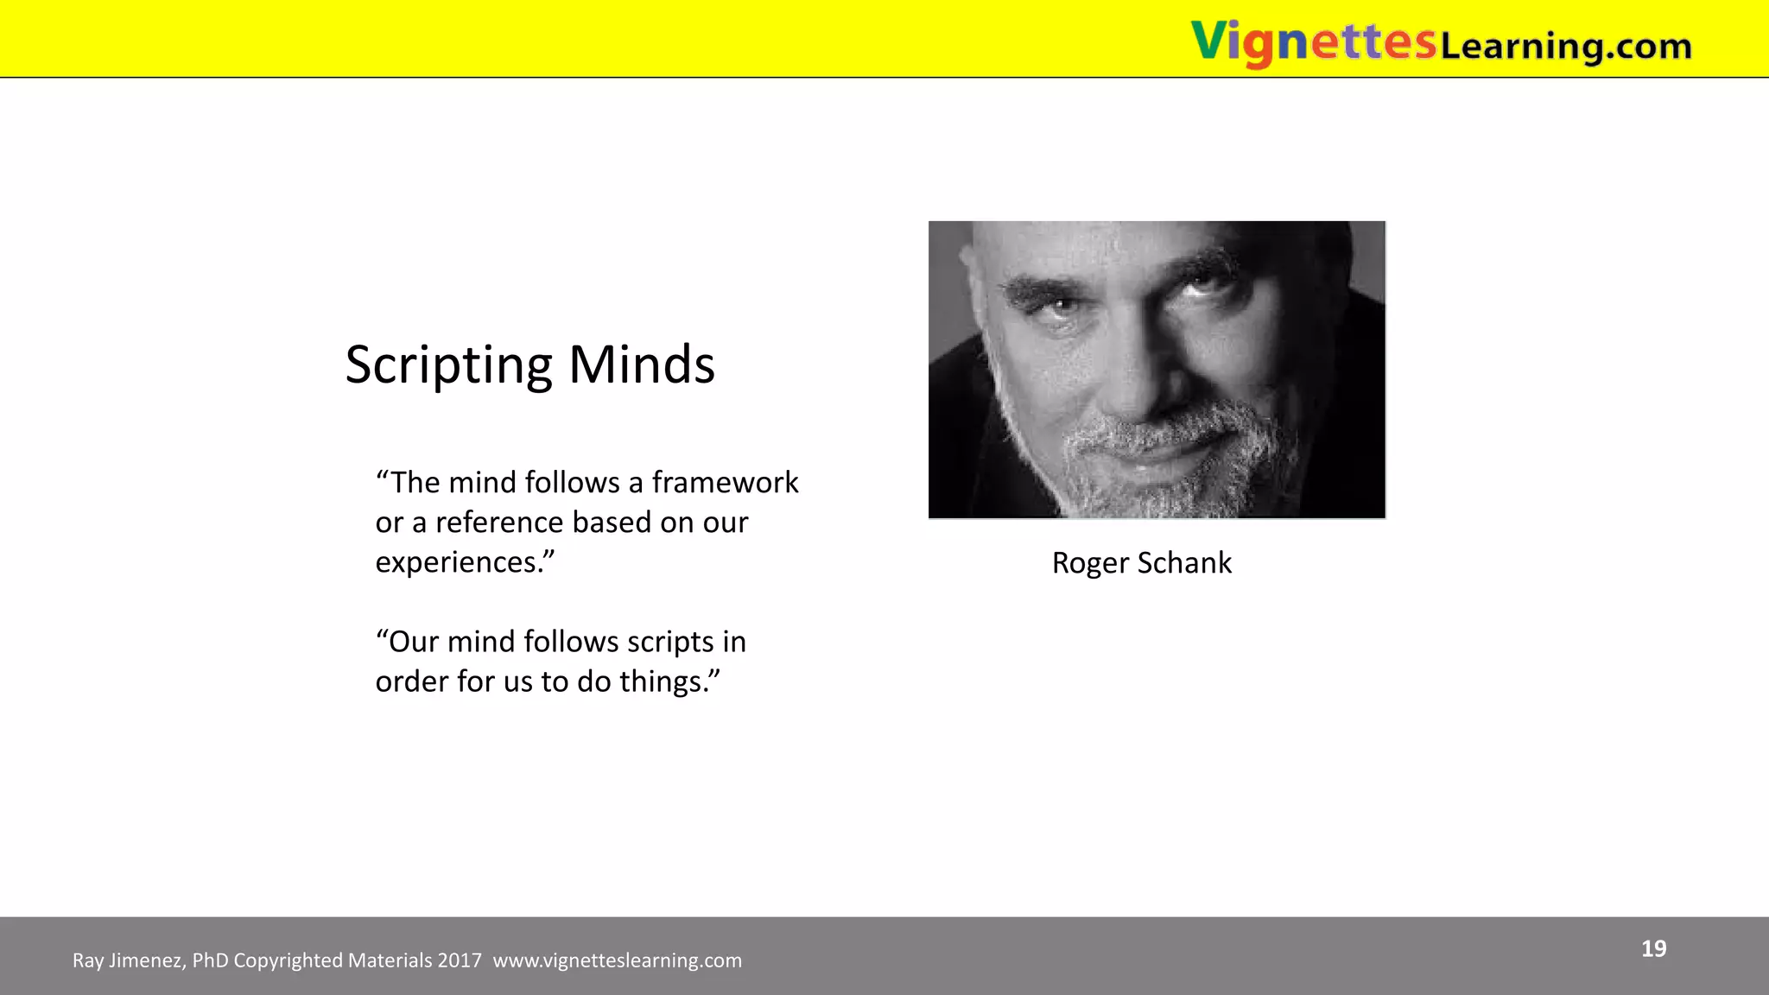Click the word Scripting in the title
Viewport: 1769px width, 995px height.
pyautogui.click(x=448, y=365)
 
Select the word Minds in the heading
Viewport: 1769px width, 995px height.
pyautogui.click(x=642, y=364)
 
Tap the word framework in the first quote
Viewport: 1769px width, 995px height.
pyautogui.click(x=725, y=482)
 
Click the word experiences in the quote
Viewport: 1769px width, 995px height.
pyautogui.click(x=457, y=563)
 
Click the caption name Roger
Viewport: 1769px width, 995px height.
pyautogui.click(x=1090, y=563)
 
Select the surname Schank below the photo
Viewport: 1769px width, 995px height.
pyautogui.click(x=1184, y=563)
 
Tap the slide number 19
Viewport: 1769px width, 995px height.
pyautogui.click(x=1653, y=949)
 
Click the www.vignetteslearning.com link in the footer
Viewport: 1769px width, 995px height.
pyautogui.click(x=617, y=960)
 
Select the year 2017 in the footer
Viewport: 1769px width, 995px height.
pyautogui.click(x=459, y=960)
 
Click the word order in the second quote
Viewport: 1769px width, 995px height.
pyautogui.click(x=412, y=681)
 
